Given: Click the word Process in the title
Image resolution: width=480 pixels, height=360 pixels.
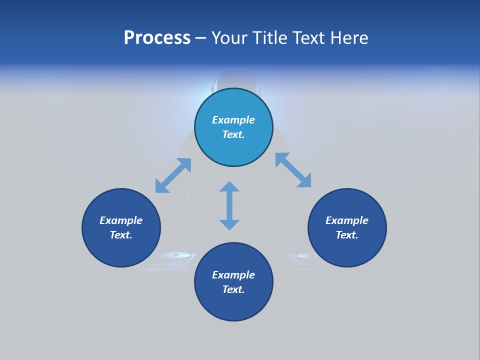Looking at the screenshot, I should point(157,38).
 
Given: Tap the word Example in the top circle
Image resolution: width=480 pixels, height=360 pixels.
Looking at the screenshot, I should point(233,120).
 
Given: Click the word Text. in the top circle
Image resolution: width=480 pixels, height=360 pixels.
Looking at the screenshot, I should point(233,134).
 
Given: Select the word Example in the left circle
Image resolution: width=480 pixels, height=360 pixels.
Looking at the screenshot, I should point(121,220).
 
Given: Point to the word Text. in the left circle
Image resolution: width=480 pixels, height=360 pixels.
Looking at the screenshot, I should point(121,235).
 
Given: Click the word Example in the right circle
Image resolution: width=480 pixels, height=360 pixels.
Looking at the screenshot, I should point(347,220).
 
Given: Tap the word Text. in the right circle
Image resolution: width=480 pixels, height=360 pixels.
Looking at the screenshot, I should point(347,235).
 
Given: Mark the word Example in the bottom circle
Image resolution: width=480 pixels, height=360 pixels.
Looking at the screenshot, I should point(233,275).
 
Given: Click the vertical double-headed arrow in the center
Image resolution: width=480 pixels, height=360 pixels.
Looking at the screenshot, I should point(229,205).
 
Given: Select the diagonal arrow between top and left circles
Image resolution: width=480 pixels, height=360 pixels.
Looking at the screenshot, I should point(173,175).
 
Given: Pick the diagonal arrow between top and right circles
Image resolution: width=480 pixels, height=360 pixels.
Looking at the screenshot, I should point(293,170).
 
